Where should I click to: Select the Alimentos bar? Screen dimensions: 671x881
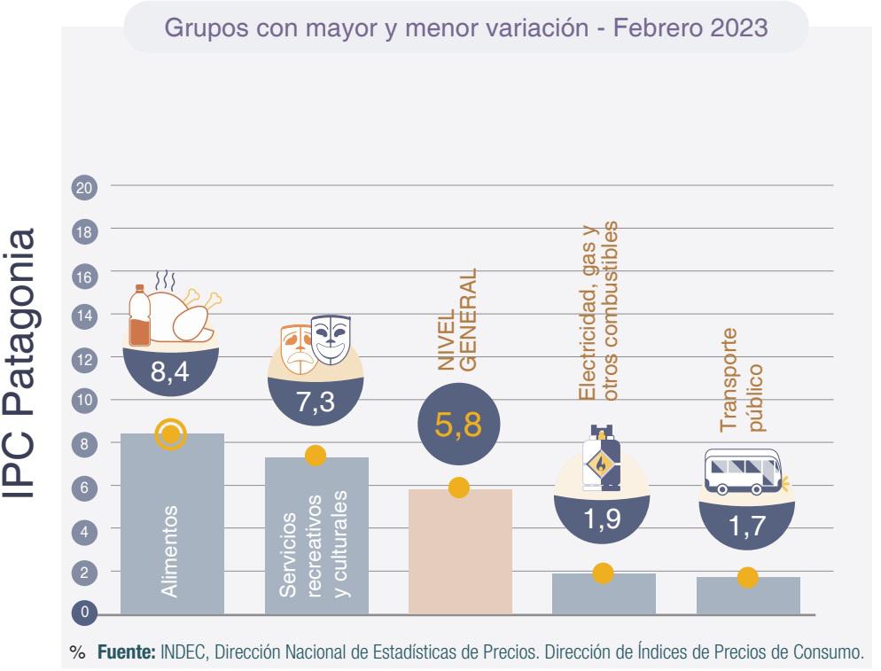(172, 532)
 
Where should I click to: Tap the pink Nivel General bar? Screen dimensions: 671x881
(460, 554)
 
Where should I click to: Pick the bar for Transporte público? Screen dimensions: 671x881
(748, 598)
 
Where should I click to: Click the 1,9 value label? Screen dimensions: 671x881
(603, 519)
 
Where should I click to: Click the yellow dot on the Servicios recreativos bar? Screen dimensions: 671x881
(316, 456)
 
